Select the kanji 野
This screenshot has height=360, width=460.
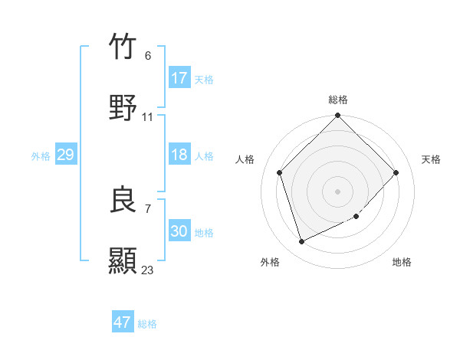[123, 108]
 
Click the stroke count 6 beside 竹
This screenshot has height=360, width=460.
[147, 56]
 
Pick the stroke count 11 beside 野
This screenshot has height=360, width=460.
[147, 117]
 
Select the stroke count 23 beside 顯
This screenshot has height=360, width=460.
[147, 270]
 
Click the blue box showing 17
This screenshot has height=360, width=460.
[179, 78]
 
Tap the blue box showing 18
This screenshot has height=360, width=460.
[179, 155]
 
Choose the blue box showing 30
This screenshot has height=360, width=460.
[179, 231]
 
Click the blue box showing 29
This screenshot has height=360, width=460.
[65, 155]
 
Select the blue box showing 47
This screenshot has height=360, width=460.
[123, 322]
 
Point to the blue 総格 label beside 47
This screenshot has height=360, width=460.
[147, 324]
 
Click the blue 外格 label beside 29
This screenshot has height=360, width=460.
[41, 156]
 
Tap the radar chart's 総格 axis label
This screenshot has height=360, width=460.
[338, 100]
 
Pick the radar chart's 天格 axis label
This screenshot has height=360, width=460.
[432, 159]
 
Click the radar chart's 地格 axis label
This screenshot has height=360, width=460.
[402, 262]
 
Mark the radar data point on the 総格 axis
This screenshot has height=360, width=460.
[338, 116]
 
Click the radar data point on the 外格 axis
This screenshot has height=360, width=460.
[302, 242]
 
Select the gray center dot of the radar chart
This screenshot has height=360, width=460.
[338, 191]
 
